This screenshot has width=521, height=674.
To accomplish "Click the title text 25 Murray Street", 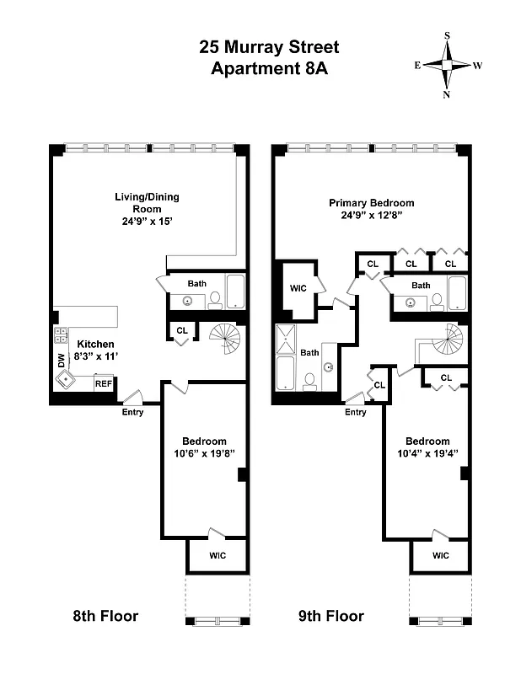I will [268, 46].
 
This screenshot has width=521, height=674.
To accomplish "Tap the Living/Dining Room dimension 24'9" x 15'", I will [147, 222].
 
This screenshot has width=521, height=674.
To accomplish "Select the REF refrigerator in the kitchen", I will [104, 383].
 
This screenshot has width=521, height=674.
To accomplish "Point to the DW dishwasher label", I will [60, 361].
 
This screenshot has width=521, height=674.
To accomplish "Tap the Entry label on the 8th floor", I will [132, 411].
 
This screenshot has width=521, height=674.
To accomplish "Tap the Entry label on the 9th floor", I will [355, 411].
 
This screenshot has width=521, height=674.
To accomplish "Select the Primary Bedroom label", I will [371, 202].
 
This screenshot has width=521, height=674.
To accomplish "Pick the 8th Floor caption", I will [105, 616].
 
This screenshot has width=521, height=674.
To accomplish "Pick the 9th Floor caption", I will [331, 616].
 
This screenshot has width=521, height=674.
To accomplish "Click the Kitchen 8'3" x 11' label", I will [96, 350].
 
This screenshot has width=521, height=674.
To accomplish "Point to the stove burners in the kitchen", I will [61, 337].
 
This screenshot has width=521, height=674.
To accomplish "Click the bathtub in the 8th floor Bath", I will [234, 292].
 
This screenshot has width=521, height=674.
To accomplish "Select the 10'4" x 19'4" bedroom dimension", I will [427, 455].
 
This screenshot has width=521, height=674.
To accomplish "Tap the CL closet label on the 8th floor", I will [181, 331].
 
